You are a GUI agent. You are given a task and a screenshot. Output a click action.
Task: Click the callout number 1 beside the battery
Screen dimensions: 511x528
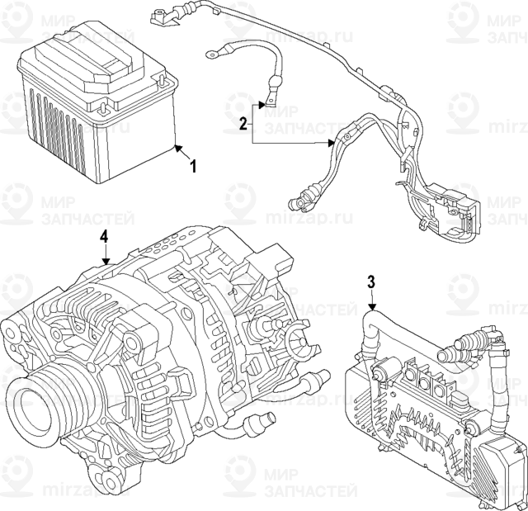[x=194, y=167]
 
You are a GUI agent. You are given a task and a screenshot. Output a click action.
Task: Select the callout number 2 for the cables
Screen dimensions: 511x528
[x=243, y=125]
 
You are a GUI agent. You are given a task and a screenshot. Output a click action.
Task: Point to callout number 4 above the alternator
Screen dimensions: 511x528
[x=104, y=237]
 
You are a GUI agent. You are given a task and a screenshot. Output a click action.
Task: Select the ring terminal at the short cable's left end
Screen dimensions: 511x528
[x=212, y=54]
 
